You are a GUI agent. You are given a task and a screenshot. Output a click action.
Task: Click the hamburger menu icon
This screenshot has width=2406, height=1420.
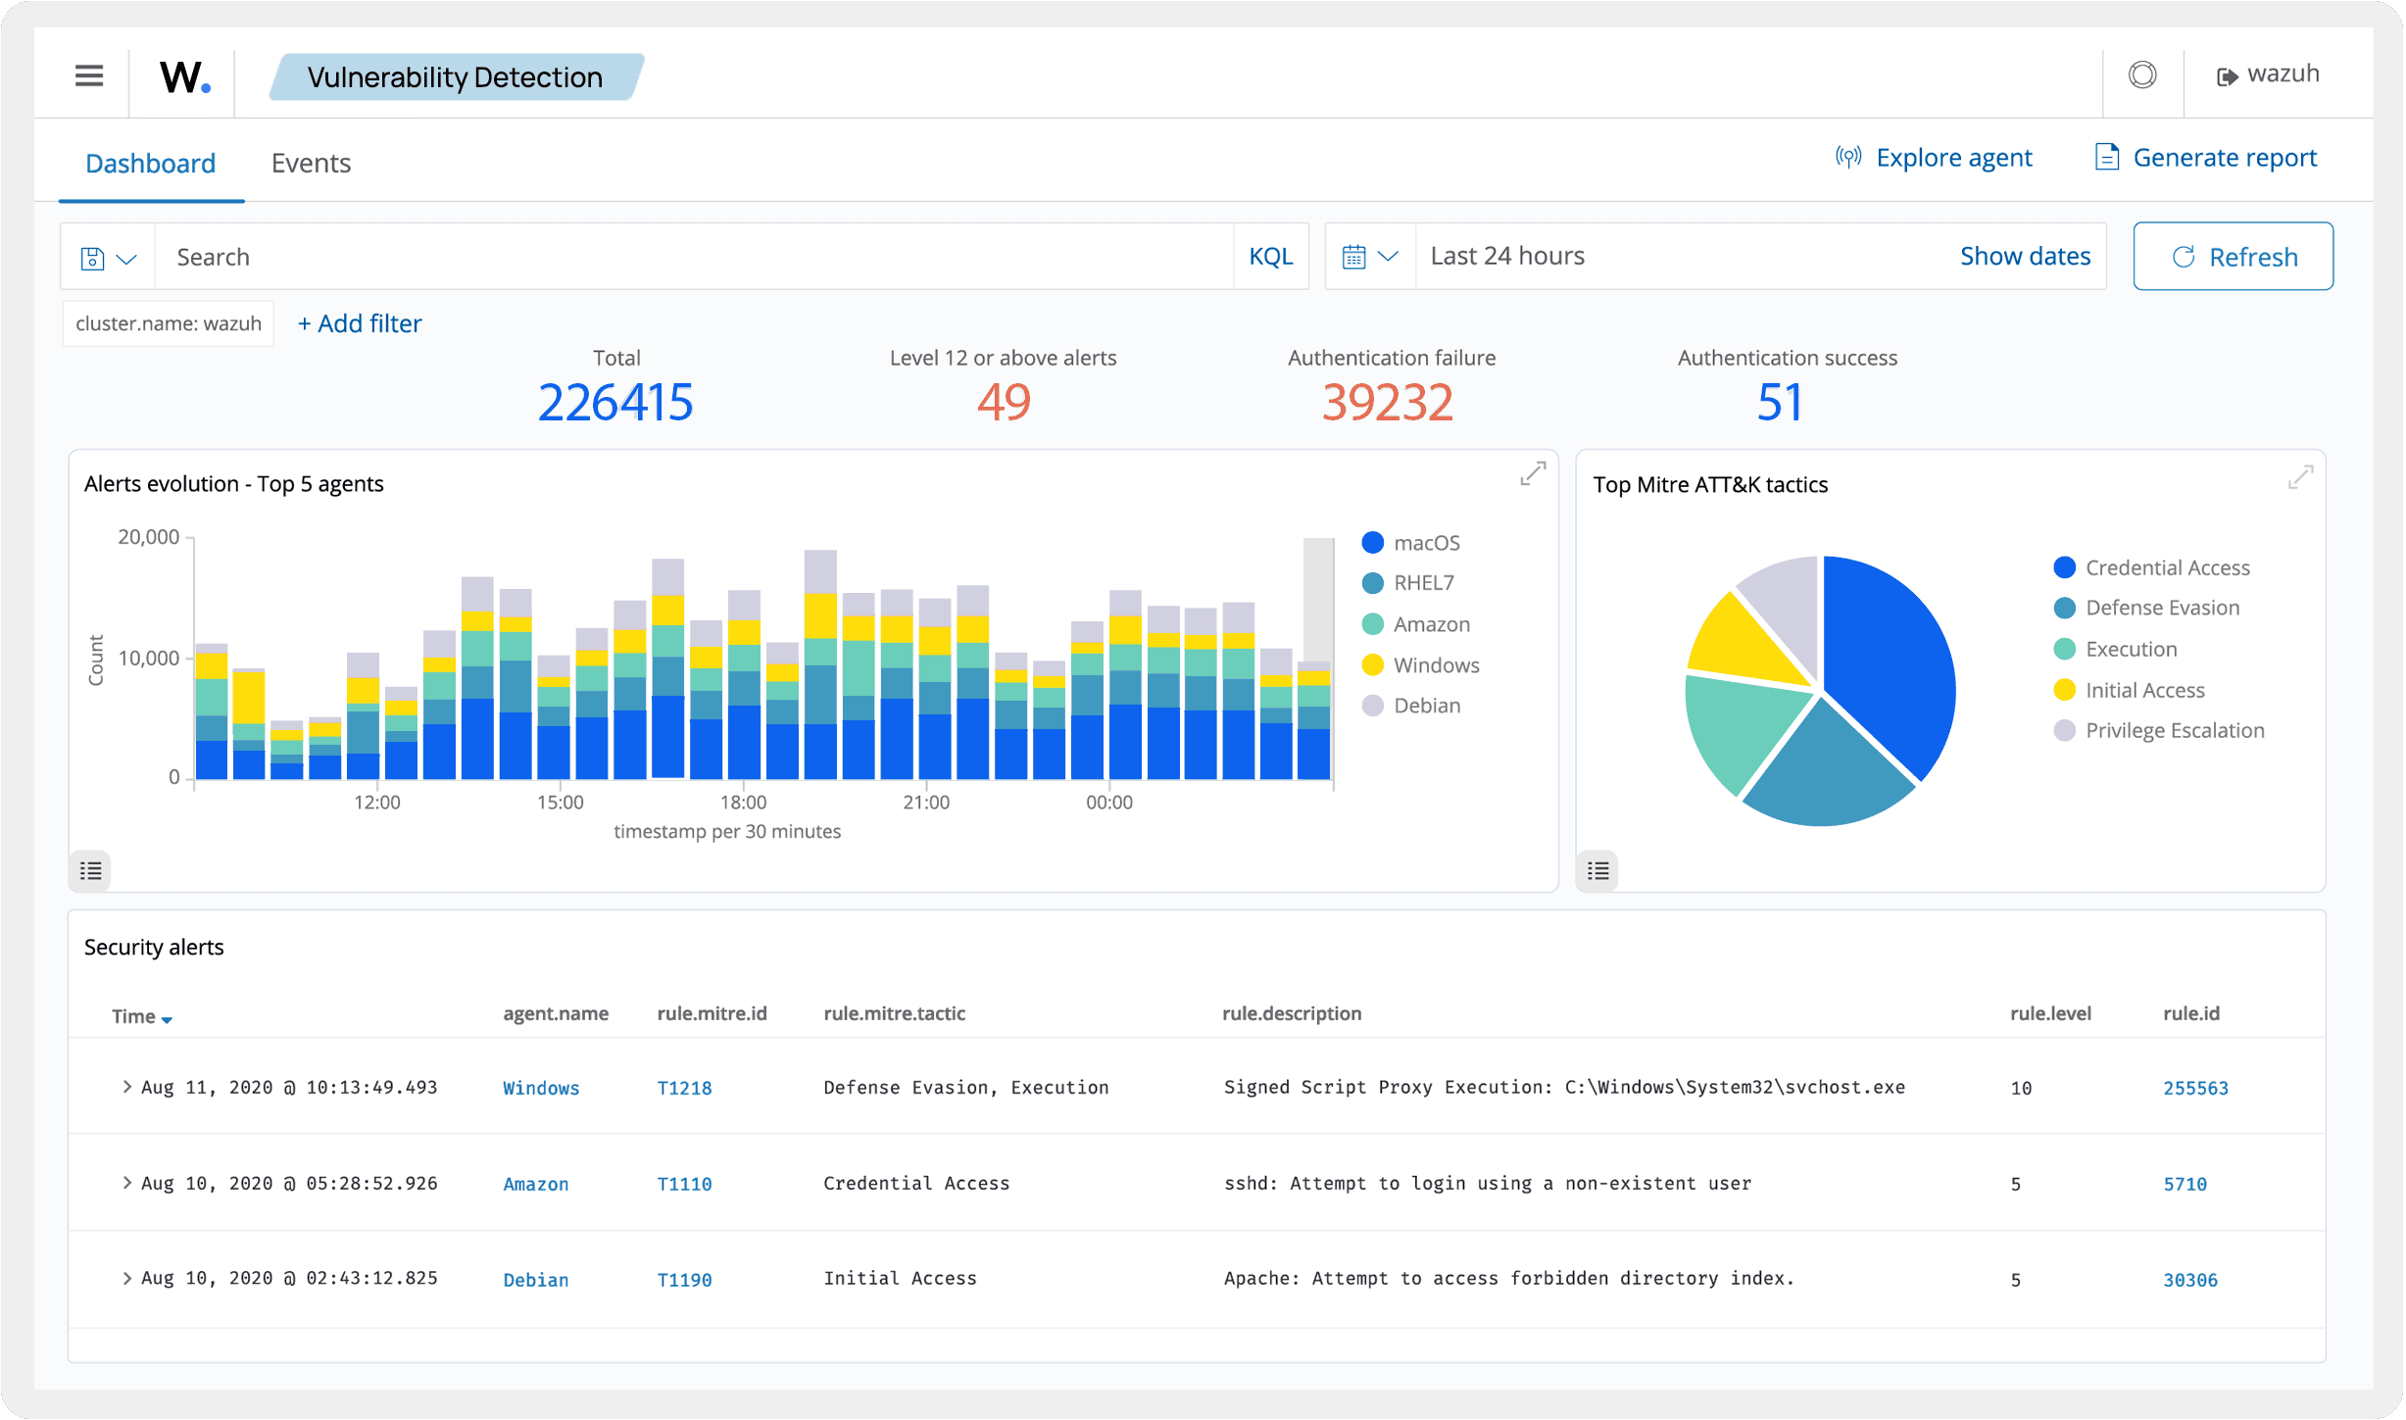pyautogui.click(x=89, y=75)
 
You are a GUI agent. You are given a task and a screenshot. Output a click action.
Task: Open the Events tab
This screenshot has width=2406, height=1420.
pyautogui.click(x=311, y=163)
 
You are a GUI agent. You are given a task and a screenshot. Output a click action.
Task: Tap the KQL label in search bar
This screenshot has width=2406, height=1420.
pyautogui.click(x=1270, y=257)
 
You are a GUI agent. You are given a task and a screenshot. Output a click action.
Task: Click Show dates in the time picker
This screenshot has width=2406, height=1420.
pyautogui.click(x=2025, y=256)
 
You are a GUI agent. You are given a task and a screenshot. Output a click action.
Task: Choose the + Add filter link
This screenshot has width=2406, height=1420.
pyautogui.click(x=360, y=323)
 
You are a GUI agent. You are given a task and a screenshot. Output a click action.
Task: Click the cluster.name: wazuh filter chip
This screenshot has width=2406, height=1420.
pyautogui.click(x=169, y=323)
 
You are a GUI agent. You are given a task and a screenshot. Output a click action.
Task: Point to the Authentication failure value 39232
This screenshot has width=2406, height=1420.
pyautogui.click(x=1388, y=403)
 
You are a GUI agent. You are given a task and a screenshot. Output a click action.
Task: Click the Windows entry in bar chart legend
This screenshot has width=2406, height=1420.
pyautogui.click(x=1435, y=665)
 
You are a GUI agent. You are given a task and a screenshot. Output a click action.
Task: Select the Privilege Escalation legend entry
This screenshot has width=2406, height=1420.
pyautogui.click(x=2174, y=730)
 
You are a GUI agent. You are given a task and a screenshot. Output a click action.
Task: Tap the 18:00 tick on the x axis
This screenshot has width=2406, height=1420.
pyautogui.click(x=743, y=802)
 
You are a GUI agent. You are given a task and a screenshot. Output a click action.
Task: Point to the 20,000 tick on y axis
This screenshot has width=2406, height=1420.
pyautogui.click(x=149, y=537)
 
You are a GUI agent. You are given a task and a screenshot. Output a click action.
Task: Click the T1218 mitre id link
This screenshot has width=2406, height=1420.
pyautogui.click(x=684, y=1088)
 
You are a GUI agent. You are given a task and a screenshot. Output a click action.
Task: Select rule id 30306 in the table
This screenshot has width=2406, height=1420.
pyautogui.click(x=2189, y=1280)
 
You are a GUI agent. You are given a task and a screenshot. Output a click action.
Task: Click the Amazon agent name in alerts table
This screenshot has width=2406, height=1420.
pyautogui.click(x=535, y=1184)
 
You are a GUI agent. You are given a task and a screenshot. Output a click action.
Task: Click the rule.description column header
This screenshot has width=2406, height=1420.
pyautogui.click(x=1291, y=1013)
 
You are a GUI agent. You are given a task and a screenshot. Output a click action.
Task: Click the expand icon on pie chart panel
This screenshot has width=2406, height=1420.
pyautogui.click(x=2300, y=477)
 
